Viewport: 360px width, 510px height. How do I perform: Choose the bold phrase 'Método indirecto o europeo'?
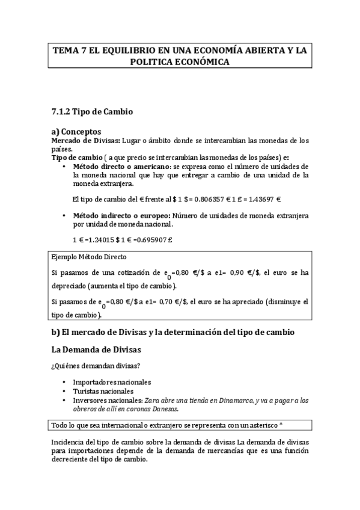coord(120,215)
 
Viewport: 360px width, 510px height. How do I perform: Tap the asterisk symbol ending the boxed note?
coord(281,425)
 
